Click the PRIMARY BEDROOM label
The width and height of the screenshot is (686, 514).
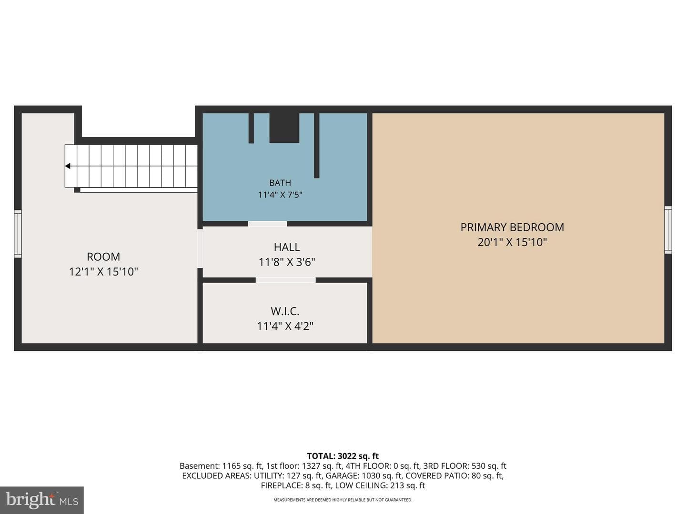[x=512, y=227]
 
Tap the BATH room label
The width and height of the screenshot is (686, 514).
[x=280, y=183]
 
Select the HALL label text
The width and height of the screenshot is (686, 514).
[x=287, y=247]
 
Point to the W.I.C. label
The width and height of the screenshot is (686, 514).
[x=285, y=311]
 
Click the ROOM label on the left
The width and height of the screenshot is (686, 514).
[x=103, y=257]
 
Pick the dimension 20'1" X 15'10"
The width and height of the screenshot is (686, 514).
[x=512, y=242]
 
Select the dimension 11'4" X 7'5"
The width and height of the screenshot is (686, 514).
[x=280, y=195]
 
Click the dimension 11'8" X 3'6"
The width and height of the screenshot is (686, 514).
[x=287, y=262]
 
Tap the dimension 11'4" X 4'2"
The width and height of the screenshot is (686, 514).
[x=285, y=326]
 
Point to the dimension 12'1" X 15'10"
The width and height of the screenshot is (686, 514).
[x=103, y=272]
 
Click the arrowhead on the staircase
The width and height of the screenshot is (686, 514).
[x=68, y=166]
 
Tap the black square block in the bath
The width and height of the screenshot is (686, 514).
[x=284, y=128]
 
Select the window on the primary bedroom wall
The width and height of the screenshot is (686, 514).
[x=668, y=230]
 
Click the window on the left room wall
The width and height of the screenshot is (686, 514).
[x=18, y=234]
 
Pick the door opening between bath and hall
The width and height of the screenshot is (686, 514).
[x=268, y=224]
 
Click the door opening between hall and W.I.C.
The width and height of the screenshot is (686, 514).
[x=286, y=280]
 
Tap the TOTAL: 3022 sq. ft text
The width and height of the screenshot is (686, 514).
[x=343, y=456]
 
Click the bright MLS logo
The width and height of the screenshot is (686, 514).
[x=42, y=500]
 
